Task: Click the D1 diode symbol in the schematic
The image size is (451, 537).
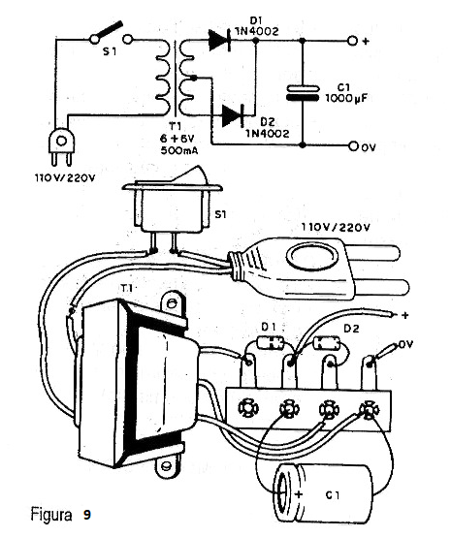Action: pyautogui.click(x=219, y=41)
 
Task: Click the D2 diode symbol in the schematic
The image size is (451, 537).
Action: pyautogui.click(x=233, y=115)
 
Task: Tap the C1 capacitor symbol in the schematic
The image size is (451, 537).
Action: pyautogui.click(x=303, y=93)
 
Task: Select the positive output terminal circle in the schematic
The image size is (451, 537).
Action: pyautogui.click(x=352, y=41)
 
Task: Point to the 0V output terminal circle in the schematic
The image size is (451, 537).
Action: pyautogui.click(x=353, y=146)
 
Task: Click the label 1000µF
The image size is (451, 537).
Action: pyautogui.click(x=346, y=99)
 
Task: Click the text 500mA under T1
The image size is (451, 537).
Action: pyautogui.click(x=179, y=150)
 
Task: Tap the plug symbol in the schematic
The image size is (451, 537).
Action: pyautogui.click(x=62, y=146)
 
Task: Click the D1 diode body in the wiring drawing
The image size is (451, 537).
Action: pyautogui.click(x=271, y=342)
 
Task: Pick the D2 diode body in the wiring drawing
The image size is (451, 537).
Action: pyautogui.click(x=327, y=343)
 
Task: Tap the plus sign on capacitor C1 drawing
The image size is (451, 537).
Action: pyautogui.click(x=299, y=494)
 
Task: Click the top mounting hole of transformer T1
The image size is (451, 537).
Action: pyautogui.click(x=173, y=302)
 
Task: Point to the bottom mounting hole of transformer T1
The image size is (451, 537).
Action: pyautogui.click(x=166, y=466)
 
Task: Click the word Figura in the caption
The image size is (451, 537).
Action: pyautogui.click(x=51, y=515)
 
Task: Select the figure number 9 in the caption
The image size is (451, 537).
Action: pyautogui.click(x=86, y=515)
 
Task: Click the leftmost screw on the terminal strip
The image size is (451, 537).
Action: pyautogui.click(x=248, y=407)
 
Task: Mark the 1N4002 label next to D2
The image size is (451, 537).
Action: pyautogui.click(x=267, y=133)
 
